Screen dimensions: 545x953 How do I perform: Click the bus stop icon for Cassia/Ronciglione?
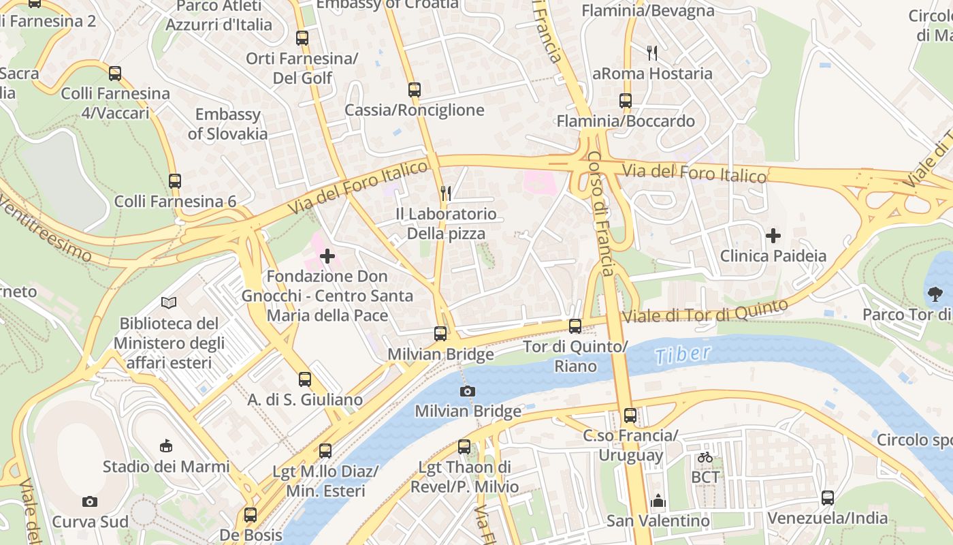click(x=414, y=89)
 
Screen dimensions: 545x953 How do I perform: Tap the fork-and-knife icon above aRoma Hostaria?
click(x=652, y=52)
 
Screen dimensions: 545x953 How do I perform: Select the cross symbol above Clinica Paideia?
click(x=773, y=236)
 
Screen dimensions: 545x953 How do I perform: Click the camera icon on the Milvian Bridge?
click(x=468, y=391)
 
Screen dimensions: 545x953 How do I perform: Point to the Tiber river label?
click(x=683, y=354)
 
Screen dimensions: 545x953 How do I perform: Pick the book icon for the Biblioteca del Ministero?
click(x=169, y=302)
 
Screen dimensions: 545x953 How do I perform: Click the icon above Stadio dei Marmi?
click(x=165, y=446)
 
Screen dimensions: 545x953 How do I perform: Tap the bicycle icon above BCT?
click(x=705, y=457)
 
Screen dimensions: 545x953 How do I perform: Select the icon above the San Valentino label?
click(x=658, y=501)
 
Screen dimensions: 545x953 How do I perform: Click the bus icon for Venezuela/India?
click(x=827, y=497)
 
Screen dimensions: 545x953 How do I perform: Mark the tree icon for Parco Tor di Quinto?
click(x=935, y=294)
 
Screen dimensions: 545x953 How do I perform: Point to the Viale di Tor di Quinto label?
click(x=705, y=311)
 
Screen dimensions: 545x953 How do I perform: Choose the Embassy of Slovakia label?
click(x=227, y=123)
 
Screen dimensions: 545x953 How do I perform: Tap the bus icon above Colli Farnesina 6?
click(x=175, y=181)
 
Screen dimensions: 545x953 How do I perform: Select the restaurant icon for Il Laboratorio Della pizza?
click(x=446, y=193)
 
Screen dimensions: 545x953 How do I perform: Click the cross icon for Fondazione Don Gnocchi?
click(x=327, y=256)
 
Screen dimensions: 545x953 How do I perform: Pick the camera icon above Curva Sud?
click(x=90, y=501)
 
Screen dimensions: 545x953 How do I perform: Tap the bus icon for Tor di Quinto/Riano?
click(x=575, y=326)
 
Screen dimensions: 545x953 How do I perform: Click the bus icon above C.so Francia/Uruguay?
click(x=630, y=415)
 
